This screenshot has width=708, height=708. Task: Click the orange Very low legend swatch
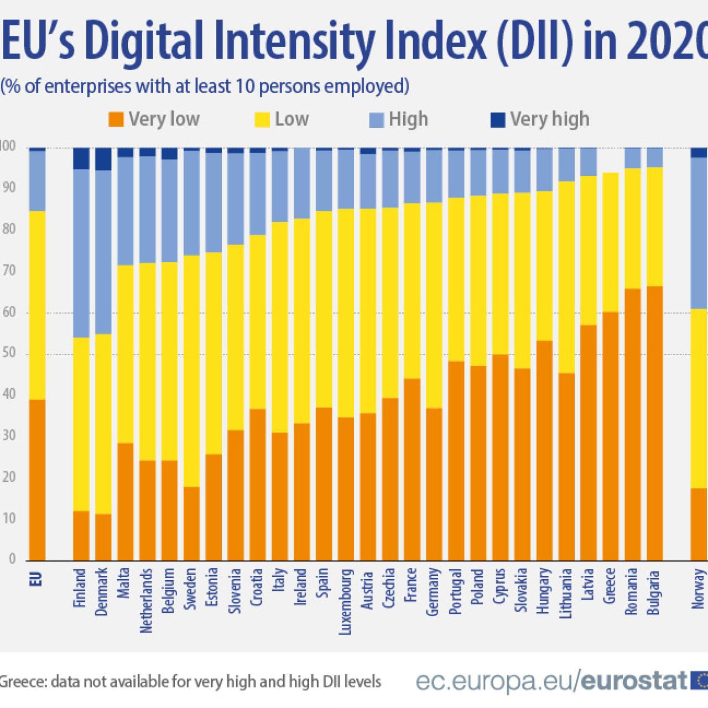pyautogui.click(x=116, y=119)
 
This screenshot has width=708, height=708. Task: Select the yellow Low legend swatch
pyautogui.click(x=262, y=119)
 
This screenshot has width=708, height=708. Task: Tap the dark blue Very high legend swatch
pyautogui.click(x=498, y=119)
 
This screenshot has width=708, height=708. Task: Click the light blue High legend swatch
pyautogui.click(x=376, y=119)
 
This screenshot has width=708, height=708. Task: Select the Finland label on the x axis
pyautogui.click(x=81, y=588)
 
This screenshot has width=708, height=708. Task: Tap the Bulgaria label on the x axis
pyautogui.click(x=654, y=590)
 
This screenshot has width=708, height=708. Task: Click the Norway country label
pyautogui.click(x=699, y=589)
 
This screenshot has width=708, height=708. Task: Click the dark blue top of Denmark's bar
pyautogui.click(x=103, y=159)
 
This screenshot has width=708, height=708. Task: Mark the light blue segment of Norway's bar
pyautogui.click(x=699, y=232)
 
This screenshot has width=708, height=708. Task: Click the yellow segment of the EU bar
pyautogui.click(x=37, y=304)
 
